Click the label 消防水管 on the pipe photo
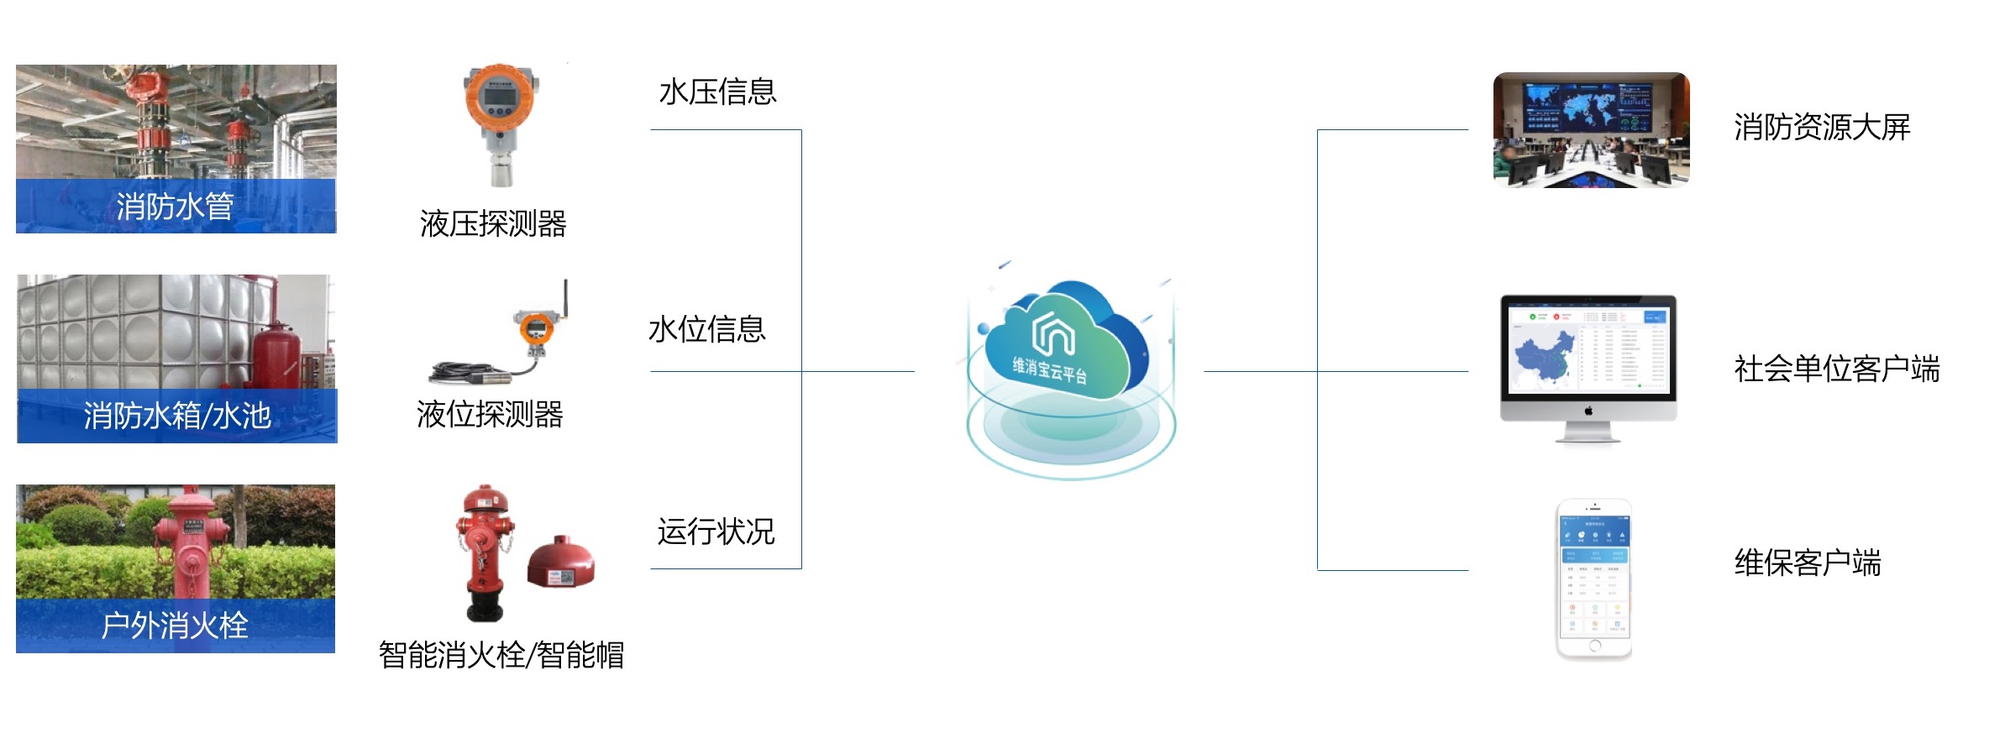pos(175,207)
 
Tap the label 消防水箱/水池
pos(177,416)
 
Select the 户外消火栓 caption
pos(175,626)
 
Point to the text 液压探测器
pos(493,224)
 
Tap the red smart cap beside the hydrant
pos(561,562)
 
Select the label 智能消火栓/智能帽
pos(501,655)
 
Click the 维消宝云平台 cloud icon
pos(1065,344)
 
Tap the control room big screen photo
pos(1591,130)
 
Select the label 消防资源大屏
pos(1821,128)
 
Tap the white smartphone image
pos(1593,579)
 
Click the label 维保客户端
pos(1807,563)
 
